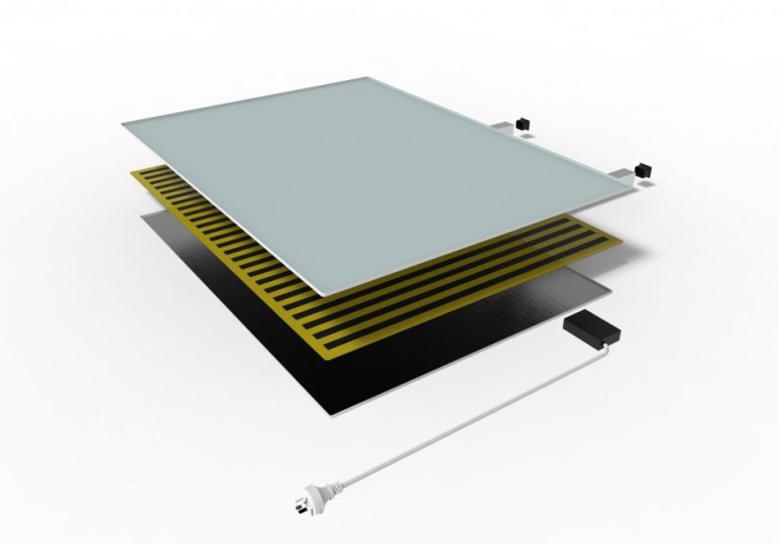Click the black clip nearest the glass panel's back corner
click(x=522, y=124)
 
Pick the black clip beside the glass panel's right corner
click(x=645, y=170)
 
